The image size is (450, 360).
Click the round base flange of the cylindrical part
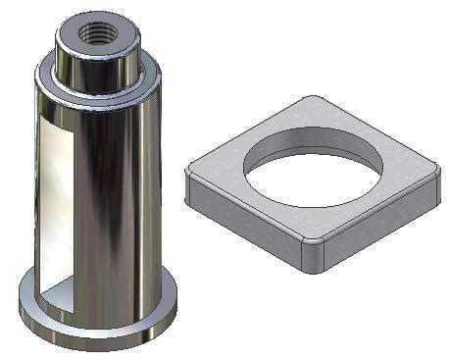click(98, 324)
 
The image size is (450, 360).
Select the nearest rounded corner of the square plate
click(312, 257)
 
